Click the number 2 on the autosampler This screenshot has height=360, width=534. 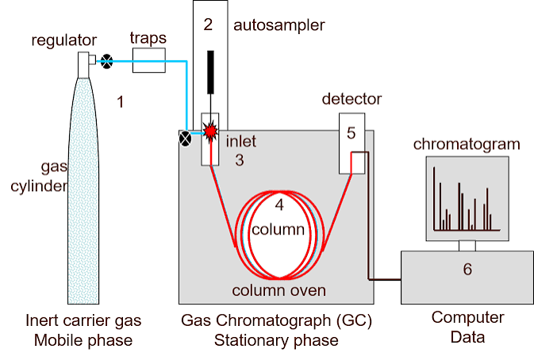[208, 25]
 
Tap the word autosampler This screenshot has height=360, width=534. [279, 26]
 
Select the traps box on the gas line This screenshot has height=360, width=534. [149, 60]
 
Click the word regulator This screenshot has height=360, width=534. [64, 40]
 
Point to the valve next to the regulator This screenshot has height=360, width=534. [107, 62]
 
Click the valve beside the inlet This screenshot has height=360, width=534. [185, 139]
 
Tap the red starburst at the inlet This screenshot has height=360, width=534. [210, 131]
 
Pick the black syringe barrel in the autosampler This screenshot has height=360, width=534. [211, 72]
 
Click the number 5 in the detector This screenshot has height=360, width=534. [352, 133]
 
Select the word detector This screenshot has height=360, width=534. [352, 99]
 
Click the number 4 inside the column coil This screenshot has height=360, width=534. [279, 205]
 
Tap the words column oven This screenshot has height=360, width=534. [279, 290]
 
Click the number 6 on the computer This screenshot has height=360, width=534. [467, 269]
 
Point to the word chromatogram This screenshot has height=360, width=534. [467, 144]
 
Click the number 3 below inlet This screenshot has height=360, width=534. [240, 160]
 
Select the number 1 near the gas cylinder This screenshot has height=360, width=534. [120, 102]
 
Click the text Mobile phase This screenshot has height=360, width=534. [83, 341]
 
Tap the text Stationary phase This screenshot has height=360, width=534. [276, 341]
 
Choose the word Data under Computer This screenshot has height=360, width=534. [467, 337]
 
